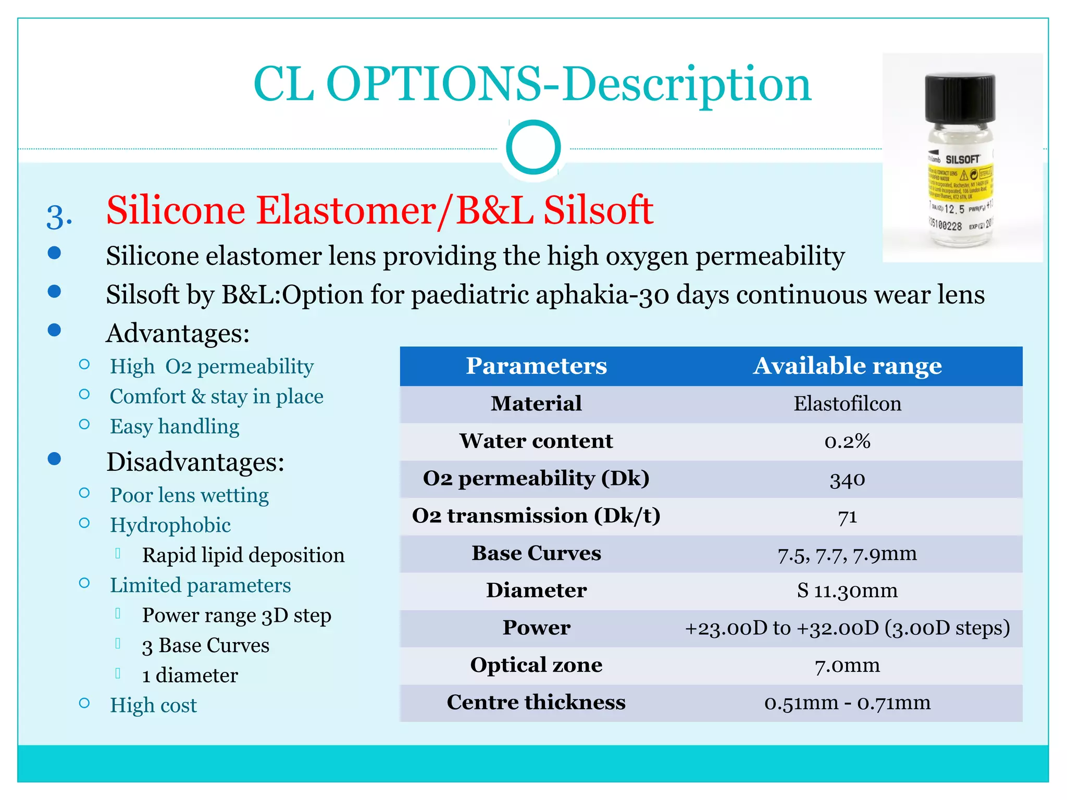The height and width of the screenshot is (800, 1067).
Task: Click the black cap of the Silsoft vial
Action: tap(960, 98)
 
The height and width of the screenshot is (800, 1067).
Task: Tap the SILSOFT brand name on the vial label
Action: tap(962, 159)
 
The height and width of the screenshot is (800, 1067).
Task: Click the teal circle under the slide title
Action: tap(533, 147)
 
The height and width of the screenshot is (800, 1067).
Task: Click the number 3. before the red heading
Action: tap(59, 217)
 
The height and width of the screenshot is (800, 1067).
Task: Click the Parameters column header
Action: tap(536, 366)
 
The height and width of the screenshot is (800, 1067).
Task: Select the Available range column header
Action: tap(847, 366)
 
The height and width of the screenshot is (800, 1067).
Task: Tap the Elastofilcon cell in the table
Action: tap(847, 404)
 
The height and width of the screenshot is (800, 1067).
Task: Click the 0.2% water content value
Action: tap(847, 441)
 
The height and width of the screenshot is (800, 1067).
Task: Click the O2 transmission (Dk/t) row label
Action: tap(536, 516)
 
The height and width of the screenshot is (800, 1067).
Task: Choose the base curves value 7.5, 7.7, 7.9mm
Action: tap(847, 554)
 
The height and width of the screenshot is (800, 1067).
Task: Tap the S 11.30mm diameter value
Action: tap(847, 591)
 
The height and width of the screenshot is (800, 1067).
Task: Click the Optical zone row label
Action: tap(536, 665)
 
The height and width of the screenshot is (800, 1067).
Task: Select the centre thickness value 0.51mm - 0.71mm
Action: tap(847, 703)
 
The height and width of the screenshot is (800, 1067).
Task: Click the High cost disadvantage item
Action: tap(153, 705)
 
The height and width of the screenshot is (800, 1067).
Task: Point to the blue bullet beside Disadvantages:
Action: tap(54, 459)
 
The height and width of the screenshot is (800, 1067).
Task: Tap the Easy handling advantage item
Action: tap(175, 427)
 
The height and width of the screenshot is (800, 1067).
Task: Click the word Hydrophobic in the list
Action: tap(170, 525)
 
